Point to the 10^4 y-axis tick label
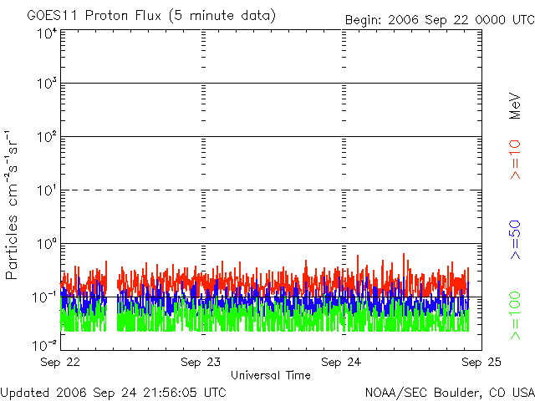pyautogui.click(x=45, y=33)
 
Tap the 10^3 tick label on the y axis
pyautogui.click(x=45, y=84)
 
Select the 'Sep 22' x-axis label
pyautogui.click(x=60, y=363)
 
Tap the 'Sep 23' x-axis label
pyautogui.click(x=201, y=363)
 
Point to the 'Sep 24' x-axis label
pyautogui.click(x=343, y=363)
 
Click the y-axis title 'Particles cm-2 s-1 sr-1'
pyautogui.click(x=14, y=205)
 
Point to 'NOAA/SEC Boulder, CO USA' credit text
pyautogui.click(x=450, y=392)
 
